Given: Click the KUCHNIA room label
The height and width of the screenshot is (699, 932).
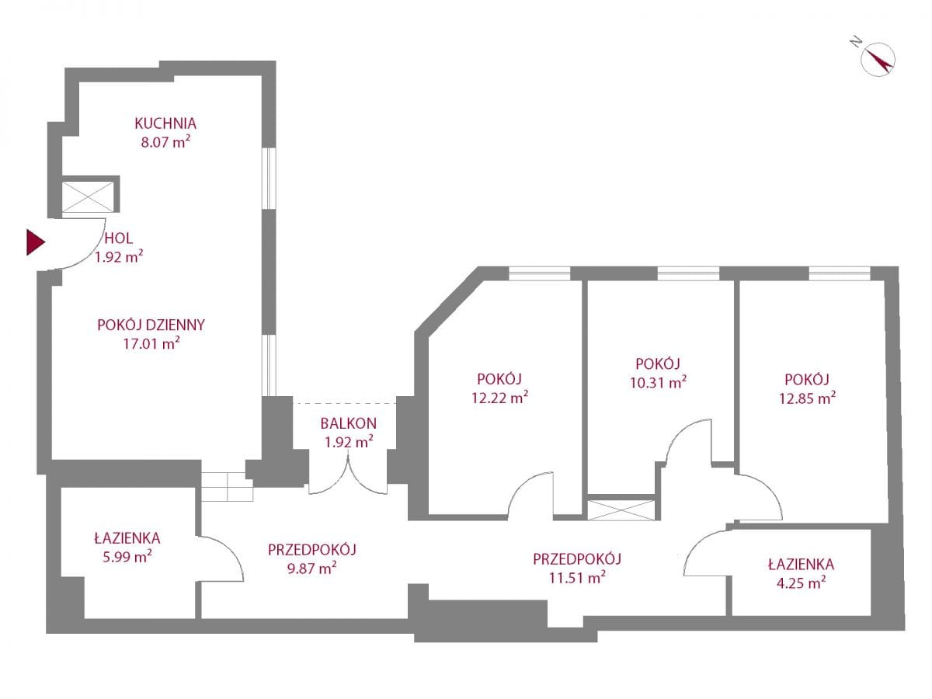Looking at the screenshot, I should tap(165, 123).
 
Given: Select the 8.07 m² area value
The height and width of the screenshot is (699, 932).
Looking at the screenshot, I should tap(165, 142).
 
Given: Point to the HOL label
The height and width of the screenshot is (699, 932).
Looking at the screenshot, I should tap(117, 238).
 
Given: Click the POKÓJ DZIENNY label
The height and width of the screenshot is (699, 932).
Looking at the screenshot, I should tap(151, 325).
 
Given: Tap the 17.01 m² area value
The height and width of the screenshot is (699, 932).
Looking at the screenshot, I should tap(151, 344).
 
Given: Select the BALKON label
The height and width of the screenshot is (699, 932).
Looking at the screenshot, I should tap(348, 423).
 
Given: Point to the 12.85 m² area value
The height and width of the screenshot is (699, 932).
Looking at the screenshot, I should tap(809, 398).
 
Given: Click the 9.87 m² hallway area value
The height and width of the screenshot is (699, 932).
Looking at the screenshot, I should tap(311, 569).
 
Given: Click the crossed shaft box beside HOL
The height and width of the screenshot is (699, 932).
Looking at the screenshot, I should tap(89, 196).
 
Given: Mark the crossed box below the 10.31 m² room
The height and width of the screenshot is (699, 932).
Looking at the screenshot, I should tap(622, 509).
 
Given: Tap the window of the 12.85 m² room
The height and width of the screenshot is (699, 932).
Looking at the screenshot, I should tap(839, 273).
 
